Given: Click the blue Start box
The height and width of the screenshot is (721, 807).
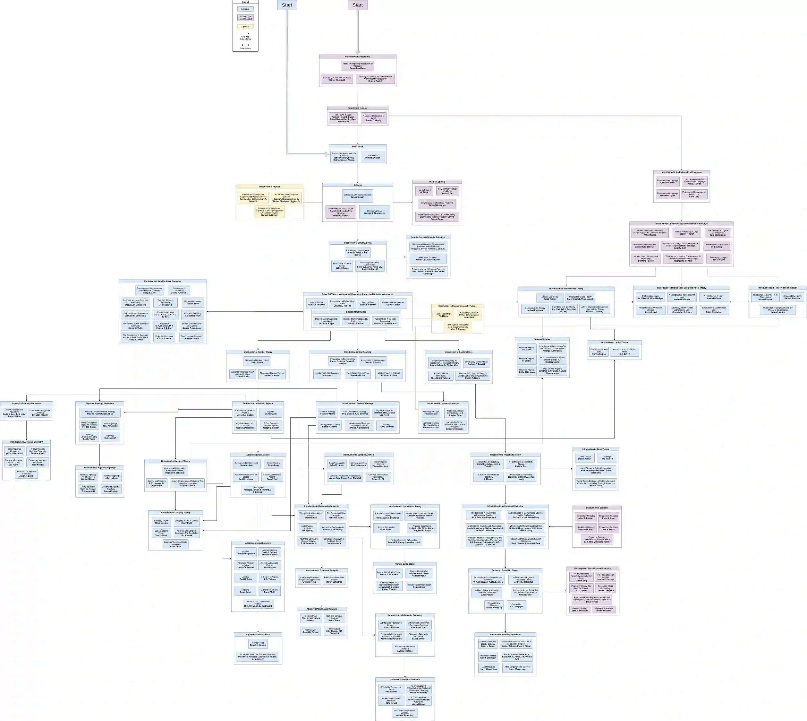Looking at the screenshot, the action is pos(287,5).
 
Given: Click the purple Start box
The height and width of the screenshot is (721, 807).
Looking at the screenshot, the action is pos(357,5).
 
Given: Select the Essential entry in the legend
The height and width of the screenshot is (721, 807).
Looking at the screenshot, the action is pos(245,9).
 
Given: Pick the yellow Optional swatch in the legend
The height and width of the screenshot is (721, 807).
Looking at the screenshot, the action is pos(245,27).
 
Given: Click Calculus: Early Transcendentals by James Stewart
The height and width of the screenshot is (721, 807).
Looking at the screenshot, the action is pos(357,196).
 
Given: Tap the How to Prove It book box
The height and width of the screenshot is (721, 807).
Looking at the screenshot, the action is pos(317,303).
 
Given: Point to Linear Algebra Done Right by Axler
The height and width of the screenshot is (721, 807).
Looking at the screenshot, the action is pos(247,464).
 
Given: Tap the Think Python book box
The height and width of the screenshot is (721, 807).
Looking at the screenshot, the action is pos(458,327).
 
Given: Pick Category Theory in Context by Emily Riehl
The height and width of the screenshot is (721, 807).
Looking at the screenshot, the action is pos(187,522).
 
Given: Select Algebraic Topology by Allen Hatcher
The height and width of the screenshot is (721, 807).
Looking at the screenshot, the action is pos(112,477).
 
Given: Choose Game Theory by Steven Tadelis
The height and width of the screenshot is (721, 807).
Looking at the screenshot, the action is pos(585,457).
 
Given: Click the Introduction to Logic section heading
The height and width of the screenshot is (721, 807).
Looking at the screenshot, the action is pos(357,108).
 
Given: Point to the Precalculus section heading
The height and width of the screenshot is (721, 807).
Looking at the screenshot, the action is pos(357,147).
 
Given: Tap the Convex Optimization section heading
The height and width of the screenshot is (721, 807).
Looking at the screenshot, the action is pos(404,564).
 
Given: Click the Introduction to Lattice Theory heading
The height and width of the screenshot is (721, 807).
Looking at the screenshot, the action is pos(614,342).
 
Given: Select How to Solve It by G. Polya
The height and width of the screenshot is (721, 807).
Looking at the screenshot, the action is pos(424,191).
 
